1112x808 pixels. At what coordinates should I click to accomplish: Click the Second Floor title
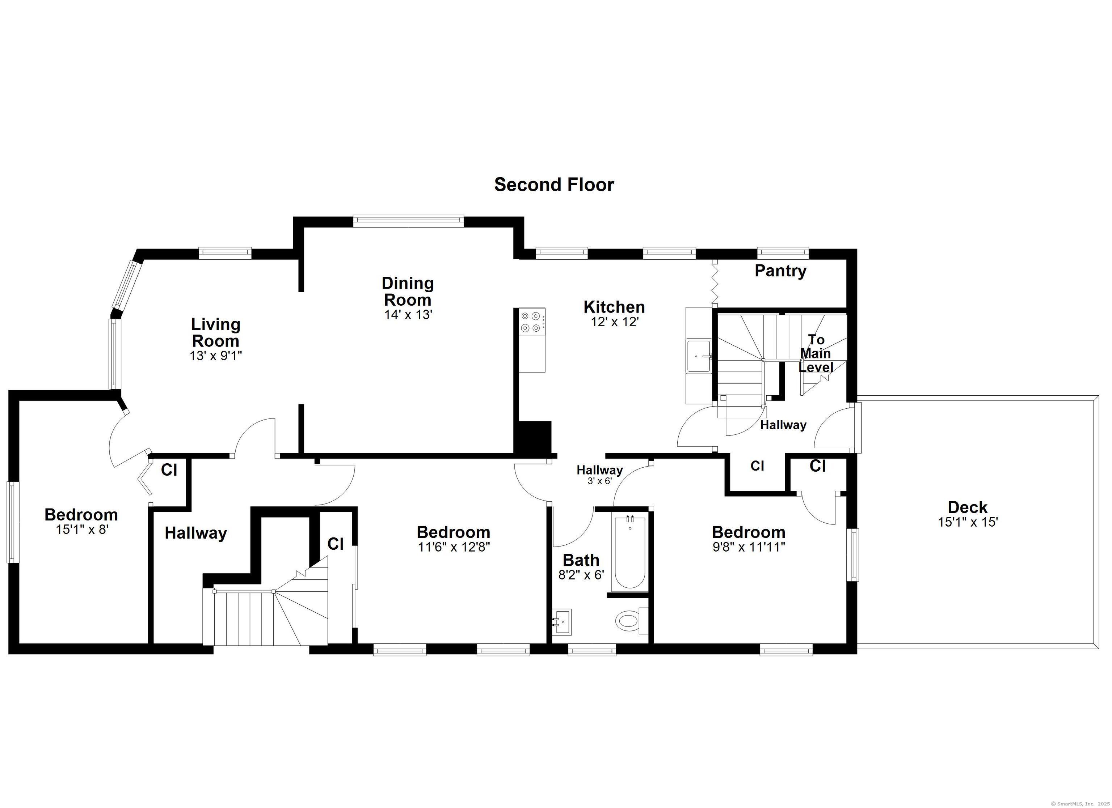click(554, 185)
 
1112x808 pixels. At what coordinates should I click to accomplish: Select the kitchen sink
click(699, 356)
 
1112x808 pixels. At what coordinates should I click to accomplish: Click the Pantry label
click(780, 271)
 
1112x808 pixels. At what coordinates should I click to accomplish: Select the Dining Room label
click(408, 291)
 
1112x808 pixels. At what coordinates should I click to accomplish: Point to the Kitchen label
click(614, 307)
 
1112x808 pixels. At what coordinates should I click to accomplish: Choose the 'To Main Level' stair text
click(816, 353)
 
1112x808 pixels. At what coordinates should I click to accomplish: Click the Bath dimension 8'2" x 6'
click(581, 574)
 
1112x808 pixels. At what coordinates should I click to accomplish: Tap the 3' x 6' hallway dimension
click(600, 481)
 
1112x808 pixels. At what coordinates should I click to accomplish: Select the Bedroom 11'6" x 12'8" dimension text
click(454, 547)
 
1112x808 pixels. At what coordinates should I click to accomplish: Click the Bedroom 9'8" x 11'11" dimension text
click(749, 547)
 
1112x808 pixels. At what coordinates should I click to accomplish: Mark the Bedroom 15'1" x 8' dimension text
click(81, 529)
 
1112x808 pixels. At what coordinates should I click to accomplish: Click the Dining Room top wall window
click(408, 221)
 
